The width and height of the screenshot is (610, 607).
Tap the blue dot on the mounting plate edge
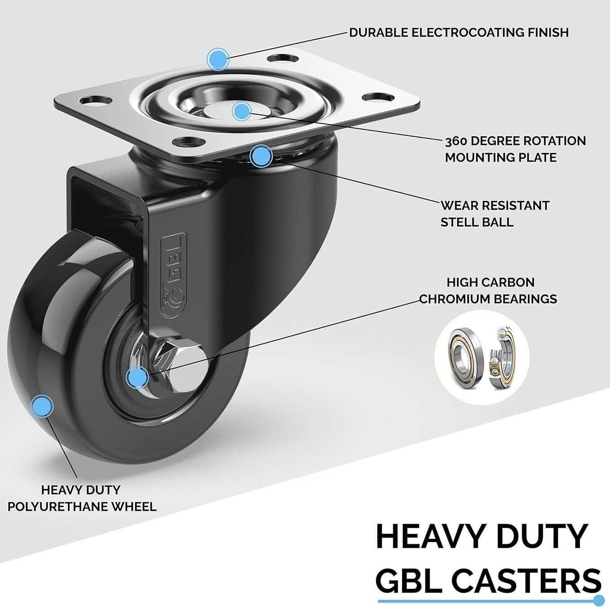pyautogui.click(x=218, y=59)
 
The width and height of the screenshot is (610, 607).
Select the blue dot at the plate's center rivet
pyautogui.click(x=241, y=111)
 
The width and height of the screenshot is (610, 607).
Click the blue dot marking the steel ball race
pyautogui.click(x=261, y=156)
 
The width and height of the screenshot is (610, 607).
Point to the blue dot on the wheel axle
pyautogui.click(x=137, y=377)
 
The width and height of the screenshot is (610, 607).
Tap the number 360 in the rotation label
pyautogui.click(x=456, y=141)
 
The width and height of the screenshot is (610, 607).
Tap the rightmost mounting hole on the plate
pyautogui.click(x=378, y=97)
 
